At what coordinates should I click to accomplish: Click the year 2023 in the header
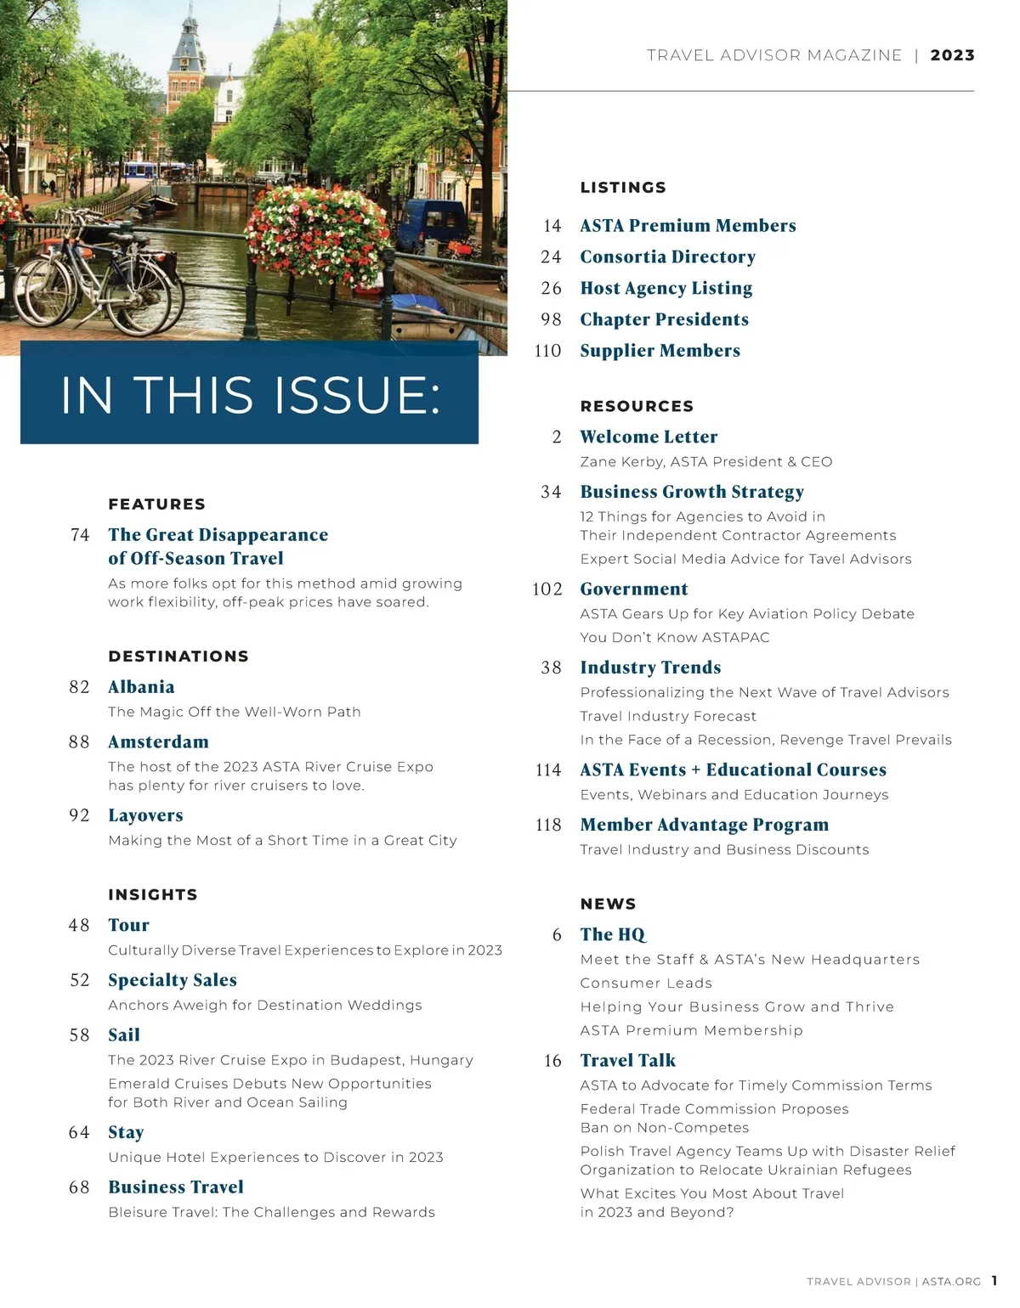[952, 55]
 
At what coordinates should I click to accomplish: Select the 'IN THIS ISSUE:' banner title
[250, 395]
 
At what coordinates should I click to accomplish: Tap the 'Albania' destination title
[141, 687]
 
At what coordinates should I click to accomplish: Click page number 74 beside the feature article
[80, 535]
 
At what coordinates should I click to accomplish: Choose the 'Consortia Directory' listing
[667, 257]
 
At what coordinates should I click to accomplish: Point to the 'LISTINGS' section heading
[623, 188]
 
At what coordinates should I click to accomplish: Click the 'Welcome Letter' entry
[649, 437]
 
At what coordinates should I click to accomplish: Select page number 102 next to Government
[547, 589]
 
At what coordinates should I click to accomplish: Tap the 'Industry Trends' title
[650, 668]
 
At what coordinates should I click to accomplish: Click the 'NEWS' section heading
[608, 905]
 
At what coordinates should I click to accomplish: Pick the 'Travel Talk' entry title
[627, 1061]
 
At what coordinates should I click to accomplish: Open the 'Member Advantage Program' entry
[704, 825]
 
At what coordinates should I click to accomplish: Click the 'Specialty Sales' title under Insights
[173, 980]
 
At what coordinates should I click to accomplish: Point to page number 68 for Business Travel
[79, 1187]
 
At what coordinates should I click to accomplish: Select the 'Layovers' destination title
[145, 815]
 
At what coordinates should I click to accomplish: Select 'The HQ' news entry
[612, 935]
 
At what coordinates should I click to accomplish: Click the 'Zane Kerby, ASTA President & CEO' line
[705, 462]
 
